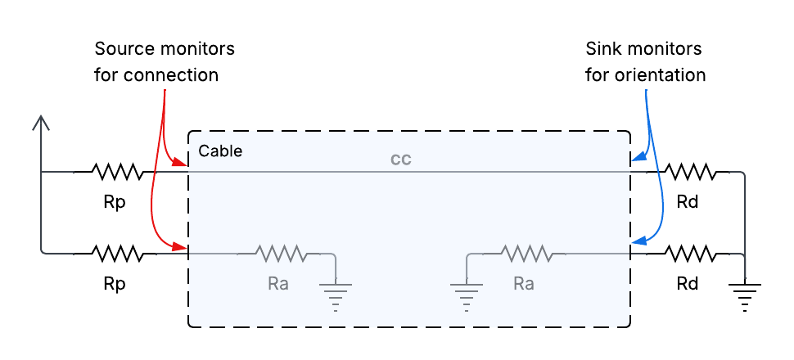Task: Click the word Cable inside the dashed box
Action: [220, 151]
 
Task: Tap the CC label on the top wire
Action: [401, 160]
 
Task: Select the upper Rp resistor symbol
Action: [117, 172]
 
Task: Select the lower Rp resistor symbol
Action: [117, 253]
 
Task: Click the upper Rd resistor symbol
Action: [690, 172]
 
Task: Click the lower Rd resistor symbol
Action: [690, 253]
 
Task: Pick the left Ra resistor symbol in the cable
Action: [281, 253]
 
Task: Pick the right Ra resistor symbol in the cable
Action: [526, 253]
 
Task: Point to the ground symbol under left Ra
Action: [336, 297]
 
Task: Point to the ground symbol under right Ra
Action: [466, 297]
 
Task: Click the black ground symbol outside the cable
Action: [744, 297]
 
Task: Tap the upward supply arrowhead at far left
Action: [40, 123]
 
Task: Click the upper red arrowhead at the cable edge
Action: [181, 162]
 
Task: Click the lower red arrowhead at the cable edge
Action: [181, 246]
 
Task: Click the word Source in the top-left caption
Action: [124, 49]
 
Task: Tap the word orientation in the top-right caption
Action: [660, 75]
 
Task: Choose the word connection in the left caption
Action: [171, 75]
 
